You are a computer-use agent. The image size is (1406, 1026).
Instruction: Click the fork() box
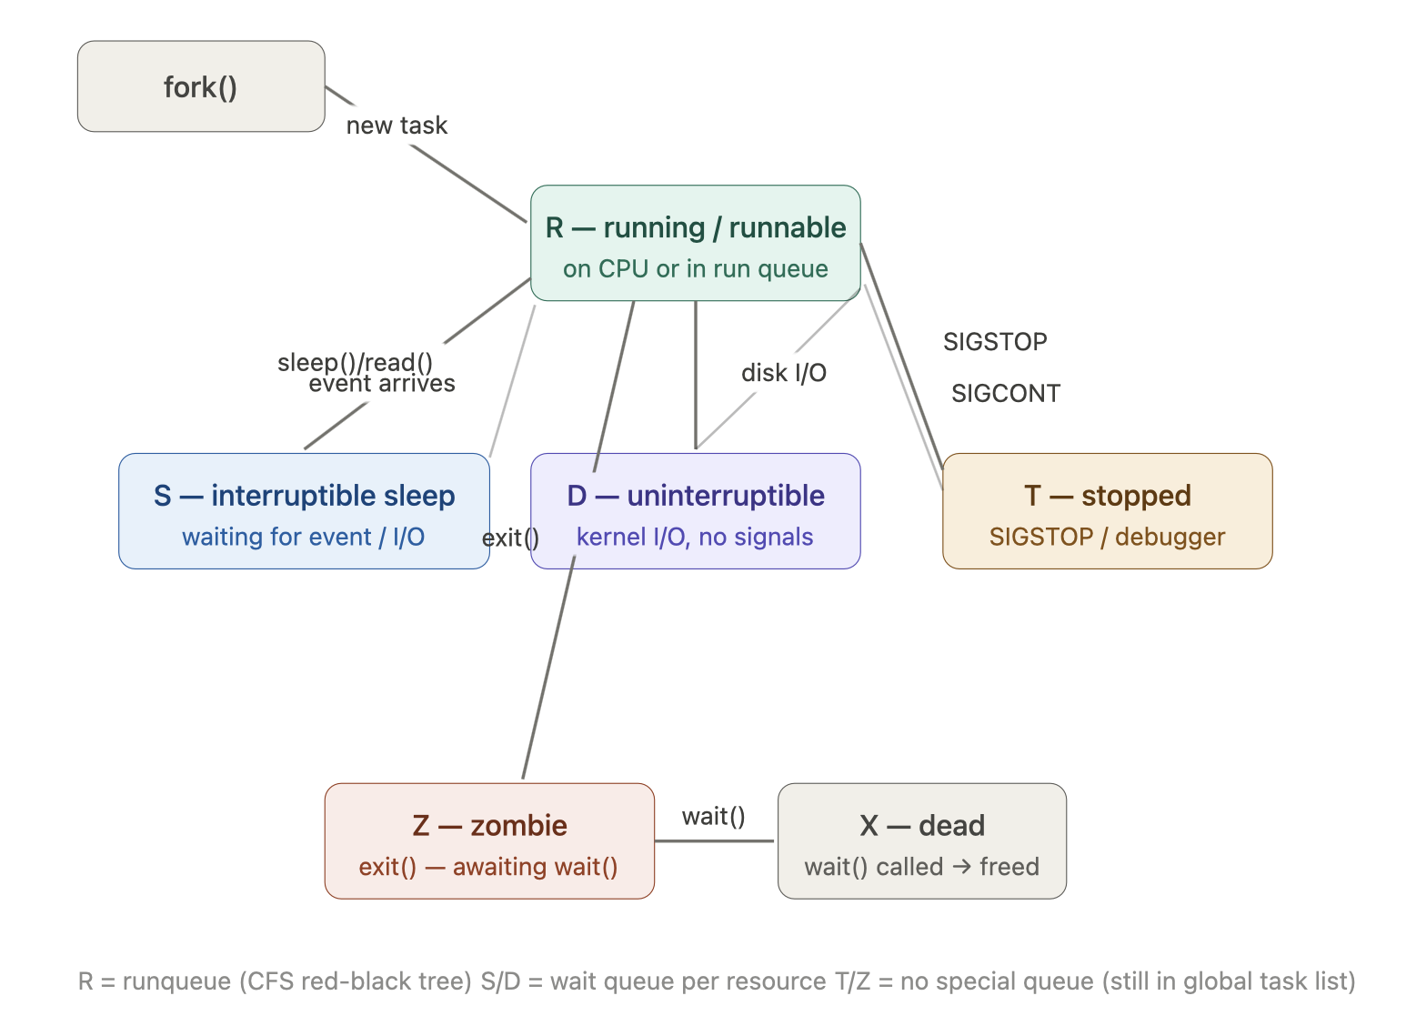(201, 86)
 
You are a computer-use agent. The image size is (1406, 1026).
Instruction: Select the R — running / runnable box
(696, 243)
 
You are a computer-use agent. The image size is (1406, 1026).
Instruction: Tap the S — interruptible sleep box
(304, 511)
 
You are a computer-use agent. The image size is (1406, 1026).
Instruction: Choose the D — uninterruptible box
(696, 511)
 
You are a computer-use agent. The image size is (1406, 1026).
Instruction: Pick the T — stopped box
(1107, 511)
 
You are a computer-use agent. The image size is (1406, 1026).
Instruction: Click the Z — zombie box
(489, 841)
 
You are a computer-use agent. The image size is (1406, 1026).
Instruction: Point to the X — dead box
(922, 841)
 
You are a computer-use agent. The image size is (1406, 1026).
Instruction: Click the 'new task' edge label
(397, 126)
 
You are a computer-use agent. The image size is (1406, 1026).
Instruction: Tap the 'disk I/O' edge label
(784, 373)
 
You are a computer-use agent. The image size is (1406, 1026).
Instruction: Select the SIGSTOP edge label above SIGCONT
(996, 342)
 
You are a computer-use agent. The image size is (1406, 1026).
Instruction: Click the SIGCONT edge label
(1006, 393)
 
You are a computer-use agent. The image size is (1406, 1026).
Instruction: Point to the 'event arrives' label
(382, 384)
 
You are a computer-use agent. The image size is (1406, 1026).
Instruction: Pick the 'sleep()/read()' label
(356, 362)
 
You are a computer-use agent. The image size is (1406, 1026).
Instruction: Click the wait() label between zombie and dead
(714, 816)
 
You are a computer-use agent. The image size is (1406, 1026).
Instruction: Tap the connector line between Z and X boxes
(714, 840)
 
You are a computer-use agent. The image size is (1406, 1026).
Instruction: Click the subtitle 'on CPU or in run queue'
(696, 268)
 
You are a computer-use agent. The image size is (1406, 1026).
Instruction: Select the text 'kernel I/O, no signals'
(695, 537)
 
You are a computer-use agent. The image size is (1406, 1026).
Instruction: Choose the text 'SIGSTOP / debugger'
(1107, 537)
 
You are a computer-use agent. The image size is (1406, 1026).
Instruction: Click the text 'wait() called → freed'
(922, 867)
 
